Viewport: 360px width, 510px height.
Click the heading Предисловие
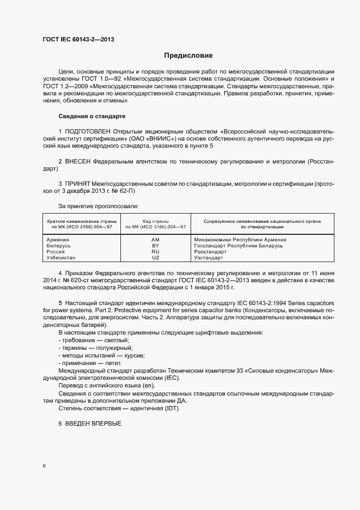(x=188, y=56)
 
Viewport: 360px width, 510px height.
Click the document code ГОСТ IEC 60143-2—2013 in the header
(x=78, y=39)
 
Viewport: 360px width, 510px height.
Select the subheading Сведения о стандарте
(x=91, y=117)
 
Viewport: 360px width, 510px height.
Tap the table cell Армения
(x=58, y=239)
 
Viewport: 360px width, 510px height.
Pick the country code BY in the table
(x=155, y=246)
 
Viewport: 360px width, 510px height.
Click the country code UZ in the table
(x=155, y=258)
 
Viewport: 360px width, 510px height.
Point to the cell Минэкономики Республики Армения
(x=240, y=239)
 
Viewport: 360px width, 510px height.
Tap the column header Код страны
(x=155, y=221)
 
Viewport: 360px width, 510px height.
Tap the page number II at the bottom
(x=44, y=466)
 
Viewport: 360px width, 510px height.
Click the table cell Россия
(x=56, y=252)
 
